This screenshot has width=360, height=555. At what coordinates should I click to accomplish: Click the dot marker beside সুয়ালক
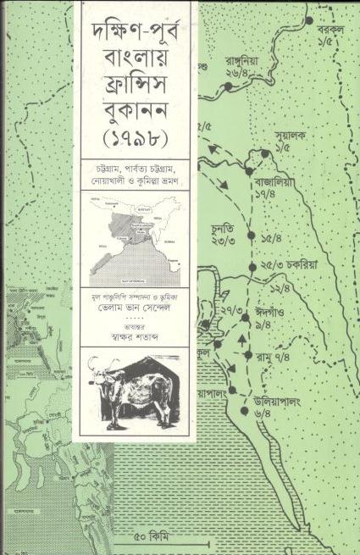tap(266, 153)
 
